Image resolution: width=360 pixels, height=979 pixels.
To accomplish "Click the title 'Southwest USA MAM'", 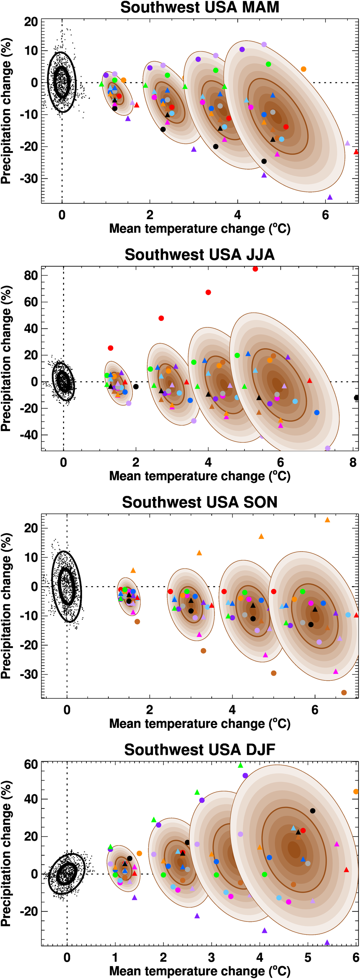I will (199, 8).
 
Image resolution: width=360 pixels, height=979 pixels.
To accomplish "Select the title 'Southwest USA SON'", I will (199, 502).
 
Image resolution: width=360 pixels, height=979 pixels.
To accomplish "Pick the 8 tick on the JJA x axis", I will (353, 463).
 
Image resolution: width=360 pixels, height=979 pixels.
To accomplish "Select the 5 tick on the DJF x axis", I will (308, 958).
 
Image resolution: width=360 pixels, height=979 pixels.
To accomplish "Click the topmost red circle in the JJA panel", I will (255, 269).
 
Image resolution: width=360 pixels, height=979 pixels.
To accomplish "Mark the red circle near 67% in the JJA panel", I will (208, 292).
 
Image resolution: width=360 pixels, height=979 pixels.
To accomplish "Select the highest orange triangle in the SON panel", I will (327, 520).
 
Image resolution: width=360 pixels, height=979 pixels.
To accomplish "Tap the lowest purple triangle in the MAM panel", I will (330, 197).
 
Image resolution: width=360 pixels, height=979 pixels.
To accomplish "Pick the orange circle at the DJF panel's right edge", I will (356, 792).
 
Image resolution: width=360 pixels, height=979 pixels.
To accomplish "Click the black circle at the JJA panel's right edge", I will (356, 398).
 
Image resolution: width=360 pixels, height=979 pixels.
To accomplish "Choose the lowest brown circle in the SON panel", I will (344, 693).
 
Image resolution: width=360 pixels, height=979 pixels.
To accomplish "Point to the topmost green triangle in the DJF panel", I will (240, 765).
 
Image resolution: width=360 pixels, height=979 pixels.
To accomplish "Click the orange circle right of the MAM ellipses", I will (303, 69).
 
